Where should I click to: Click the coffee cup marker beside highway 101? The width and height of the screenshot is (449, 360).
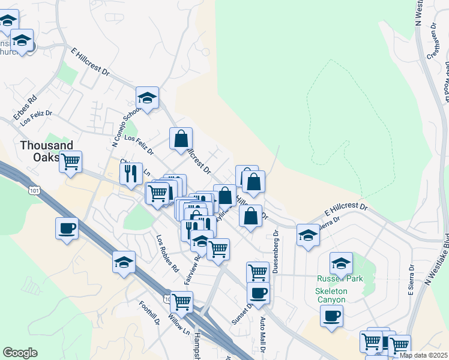67,229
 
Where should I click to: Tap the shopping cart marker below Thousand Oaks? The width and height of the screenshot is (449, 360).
71,161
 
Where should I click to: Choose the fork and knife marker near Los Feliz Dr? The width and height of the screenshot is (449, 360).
131,173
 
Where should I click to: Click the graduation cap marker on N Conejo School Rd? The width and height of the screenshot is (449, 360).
147,97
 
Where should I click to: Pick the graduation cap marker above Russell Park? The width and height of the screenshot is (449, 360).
341,262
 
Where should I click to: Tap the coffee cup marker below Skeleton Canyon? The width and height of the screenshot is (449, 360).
331,316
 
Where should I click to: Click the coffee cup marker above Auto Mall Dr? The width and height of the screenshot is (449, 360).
258,293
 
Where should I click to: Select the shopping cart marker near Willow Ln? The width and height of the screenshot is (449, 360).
181,302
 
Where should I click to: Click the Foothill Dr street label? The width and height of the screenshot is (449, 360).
149,313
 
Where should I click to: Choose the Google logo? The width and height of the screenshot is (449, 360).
20,353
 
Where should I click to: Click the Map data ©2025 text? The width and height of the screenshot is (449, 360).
423,355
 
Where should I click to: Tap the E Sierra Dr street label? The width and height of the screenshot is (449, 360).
412,279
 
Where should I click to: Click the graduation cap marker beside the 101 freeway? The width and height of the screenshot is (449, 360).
124,262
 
